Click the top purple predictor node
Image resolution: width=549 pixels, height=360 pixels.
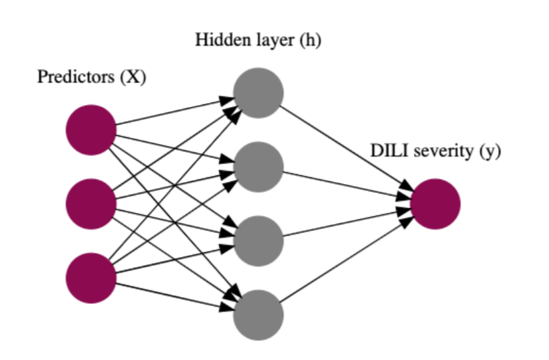(x=91, y=130)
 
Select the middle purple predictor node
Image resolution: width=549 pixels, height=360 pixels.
(x=91, y=203)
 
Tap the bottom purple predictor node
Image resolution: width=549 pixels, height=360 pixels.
(x=91, y=277)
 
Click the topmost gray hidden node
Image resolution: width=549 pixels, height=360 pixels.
(x=258, y=93)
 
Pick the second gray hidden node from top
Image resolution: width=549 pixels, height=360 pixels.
(x=258, y=167)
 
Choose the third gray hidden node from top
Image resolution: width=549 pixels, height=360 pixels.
(x=258, y=240)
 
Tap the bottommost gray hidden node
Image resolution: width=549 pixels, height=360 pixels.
(x=258, y=314)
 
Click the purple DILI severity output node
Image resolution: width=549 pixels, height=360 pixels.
(x=435, y=203)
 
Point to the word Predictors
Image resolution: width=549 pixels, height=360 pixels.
(x=76, y=77)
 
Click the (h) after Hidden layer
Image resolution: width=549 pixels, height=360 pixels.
(x=309, y=41)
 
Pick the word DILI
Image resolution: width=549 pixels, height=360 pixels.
(x=386, y=152)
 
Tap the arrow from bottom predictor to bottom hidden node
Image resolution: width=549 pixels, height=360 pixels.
(x=174, y=295)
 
